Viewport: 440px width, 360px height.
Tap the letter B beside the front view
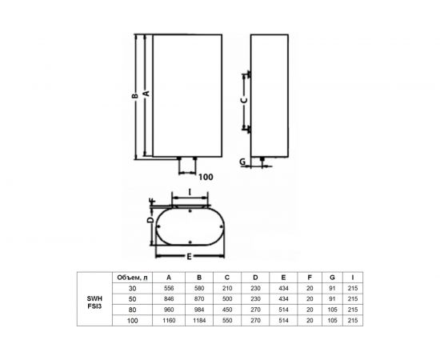[x=136, y=94]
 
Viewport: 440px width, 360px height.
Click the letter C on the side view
[x=244, y=102]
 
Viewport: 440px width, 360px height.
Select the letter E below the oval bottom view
[x=189, y=257]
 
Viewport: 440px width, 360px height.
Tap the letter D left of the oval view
[x=150, y=218]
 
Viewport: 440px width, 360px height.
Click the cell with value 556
[x=168, y=288]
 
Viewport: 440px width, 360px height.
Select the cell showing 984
[x=199, y=310]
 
